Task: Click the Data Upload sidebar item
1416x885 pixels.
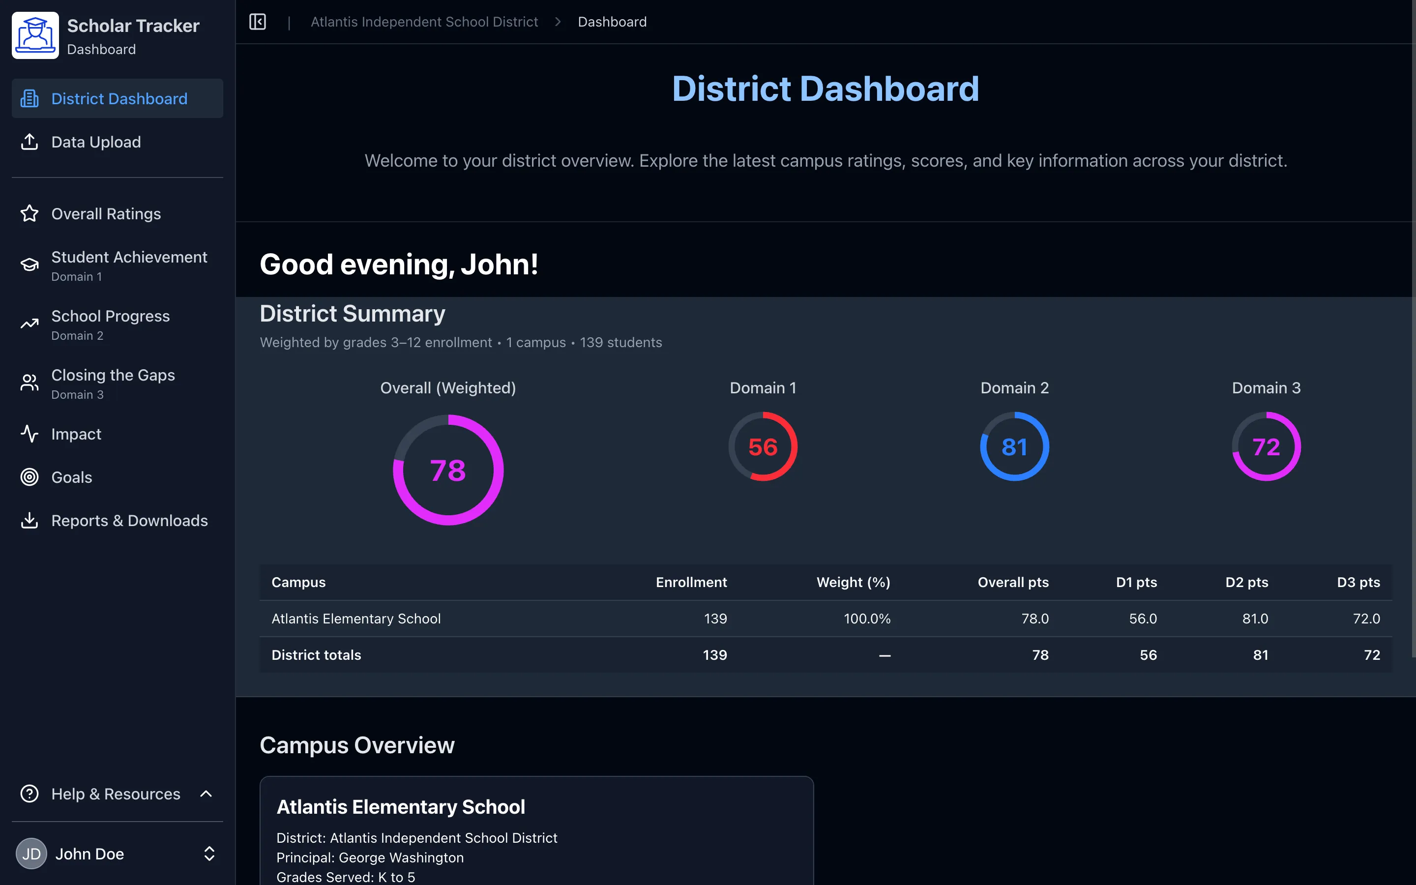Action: (x=96, y=142)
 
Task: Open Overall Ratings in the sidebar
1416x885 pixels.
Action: (x=106, y=214)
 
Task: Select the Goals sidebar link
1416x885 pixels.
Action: (x=71, y=477)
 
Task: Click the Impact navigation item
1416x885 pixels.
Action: (x=76, y=434)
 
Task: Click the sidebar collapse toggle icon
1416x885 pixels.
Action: (x=258, y=22)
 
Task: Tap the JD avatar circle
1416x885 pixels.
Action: (x=31, y=854)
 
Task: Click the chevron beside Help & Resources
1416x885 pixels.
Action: (x=206, y=794)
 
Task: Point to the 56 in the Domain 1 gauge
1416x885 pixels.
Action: (x=763, y=447)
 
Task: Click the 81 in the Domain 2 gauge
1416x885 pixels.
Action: (x=1014, y=447)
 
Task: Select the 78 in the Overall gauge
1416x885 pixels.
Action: (x=447, y=471)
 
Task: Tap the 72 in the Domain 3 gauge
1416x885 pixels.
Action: (x=1266, y=447)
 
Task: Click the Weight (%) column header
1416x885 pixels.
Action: (x=853, y=583)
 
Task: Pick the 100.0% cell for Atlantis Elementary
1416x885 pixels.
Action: (x=867, y=619)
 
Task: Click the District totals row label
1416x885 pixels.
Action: (x=316, y=655)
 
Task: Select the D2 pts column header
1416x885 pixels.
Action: (x=1246, y=583)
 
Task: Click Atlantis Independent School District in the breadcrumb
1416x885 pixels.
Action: (x=424, y=22)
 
